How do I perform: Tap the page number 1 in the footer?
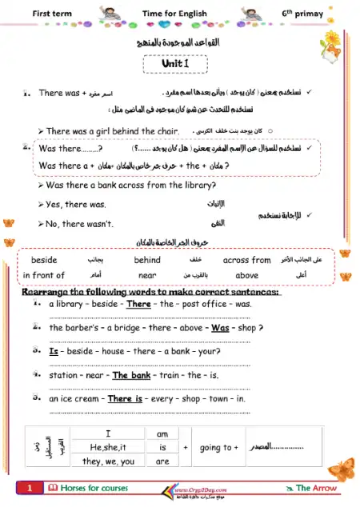point(29,488)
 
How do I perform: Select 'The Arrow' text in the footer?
point(316,488)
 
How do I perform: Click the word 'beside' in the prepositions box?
point(44,260)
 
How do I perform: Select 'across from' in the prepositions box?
point(246,260)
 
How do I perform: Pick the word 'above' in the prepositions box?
point(246,275)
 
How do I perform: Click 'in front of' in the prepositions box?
point(43,275)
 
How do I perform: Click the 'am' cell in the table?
point(162,433)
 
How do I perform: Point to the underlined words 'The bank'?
point(132,375)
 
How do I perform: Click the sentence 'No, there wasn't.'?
point(79,223)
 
